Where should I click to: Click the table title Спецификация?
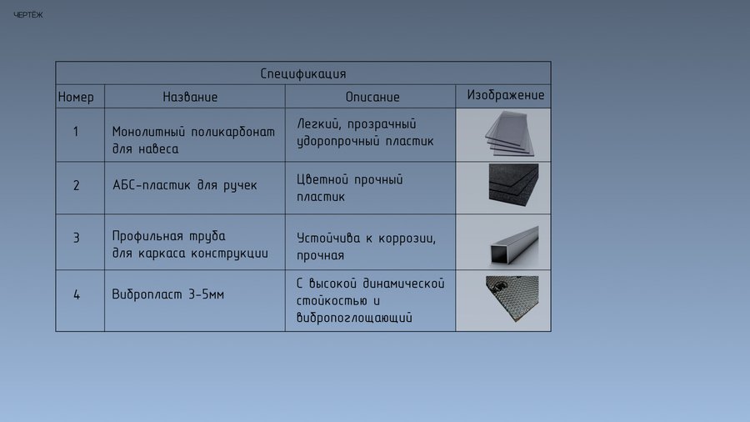pyautogui.click(x=303, y=73)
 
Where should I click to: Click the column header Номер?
pyautogui.click(x=76, y=97)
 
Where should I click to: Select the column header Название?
pyautogui.click(x=190, y=97)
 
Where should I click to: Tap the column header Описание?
pyautogui.click(x=372, y=97)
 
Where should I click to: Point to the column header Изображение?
pyautogui.click(x=506, y=95)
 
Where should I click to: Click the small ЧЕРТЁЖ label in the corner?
pyautogui.click(x=28, y=15)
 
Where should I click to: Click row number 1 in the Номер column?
pyautogui.click(x=76, y=132)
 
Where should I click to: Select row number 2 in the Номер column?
pyautogui.click(x=76, y=185)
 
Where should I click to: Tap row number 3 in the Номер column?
pyautogui.click(x=76, y=238)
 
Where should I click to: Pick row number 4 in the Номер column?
pyautogui.click(x=77, y=294)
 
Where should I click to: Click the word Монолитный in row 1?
pyautogui.click(x=148, y=132)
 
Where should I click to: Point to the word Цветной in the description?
pyautogui.click(x=322, y=179)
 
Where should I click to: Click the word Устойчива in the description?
pyautogui.click(x=328, y=238)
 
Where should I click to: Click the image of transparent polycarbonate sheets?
pyautogui.click(x=509, y=134)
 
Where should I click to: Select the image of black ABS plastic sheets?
pyautogui.click(x=513, y=185)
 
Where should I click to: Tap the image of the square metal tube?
pyautogui.click(x=514, y=244)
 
